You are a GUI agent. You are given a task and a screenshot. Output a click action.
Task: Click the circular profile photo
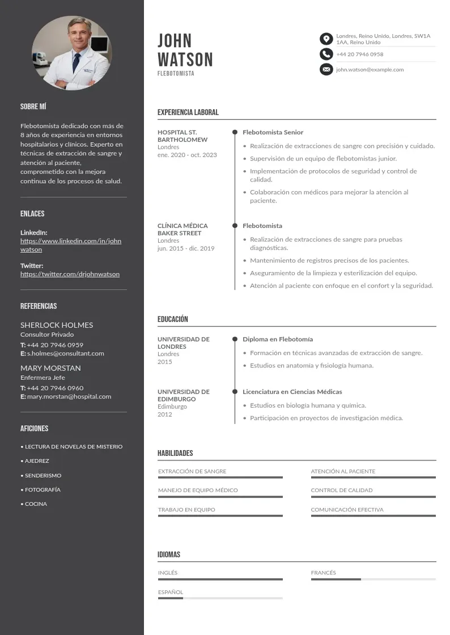(x=72, y=53)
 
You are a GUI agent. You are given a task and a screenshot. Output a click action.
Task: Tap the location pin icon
(x=326, y=39)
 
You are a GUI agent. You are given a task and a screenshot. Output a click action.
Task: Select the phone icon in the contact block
(x=326, y=54)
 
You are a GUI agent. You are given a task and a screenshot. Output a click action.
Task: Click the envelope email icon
(x=326, y=70)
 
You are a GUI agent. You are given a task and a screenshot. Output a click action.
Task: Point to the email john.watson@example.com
(x=370, y=70)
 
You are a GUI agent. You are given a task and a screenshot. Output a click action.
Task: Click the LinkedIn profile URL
(x=71, y=245)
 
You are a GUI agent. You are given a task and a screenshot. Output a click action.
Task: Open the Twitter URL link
(x=70, y=274)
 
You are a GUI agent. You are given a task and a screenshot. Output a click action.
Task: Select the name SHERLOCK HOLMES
(x=57, y=325)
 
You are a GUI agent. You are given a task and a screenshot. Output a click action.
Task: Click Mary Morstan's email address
(x=69, y=396)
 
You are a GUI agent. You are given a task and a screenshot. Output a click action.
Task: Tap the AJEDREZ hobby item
(x=37, y=461)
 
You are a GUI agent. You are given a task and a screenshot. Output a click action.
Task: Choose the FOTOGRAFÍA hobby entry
(x=43, y=489)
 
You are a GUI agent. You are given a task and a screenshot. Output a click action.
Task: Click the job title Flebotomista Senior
(x=273, y=132)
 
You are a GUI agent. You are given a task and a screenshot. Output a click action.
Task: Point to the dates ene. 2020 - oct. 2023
(x=187, y=155)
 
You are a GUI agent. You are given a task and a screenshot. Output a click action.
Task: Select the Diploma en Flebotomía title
(x=278, y=339)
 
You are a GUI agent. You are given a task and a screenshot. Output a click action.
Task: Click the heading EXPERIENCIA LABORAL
(x=188, y=112)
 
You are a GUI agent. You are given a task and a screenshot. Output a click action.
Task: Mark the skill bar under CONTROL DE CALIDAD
(x=373, y=497)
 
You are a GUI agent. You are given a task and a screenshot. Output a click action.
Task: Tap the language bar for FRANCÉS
(x=373, y=579)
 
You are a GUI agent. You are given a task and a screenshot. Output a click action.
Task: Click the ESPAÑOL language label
(x=171, y=592)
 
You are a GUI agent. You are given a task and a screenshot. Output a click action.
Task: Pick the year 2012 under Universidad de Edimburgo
(x=165, y=414)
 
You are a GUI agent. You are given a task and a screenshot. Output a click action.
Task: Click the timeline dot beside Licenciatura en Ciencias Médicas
(x=235, y=392)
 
